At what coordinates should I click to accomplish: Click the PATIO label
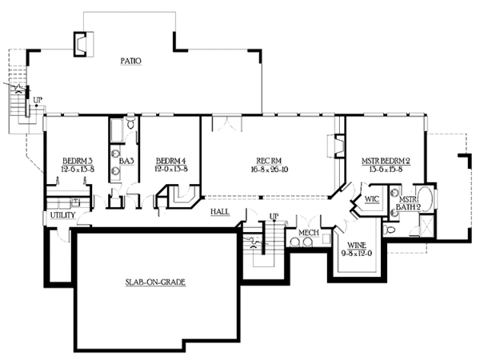pos(131,60)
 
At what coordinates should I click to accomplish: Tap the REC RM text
pos(267,160)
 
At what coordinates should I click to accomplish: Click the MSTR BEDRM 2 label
pos(385,160)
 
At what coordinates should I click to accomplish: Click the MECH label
pos(308,233)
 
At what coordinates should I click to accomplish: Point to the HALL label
pos(221,211)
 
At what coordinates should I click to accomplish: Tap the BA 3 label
pos(126,160)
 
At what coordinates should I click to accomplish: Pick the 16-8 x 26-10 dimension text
pos(267,170)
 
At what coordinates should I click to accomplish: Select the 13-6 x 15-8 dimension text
pos(385,170)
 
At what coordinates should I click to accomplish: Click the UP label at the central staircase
pos(274,217)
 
